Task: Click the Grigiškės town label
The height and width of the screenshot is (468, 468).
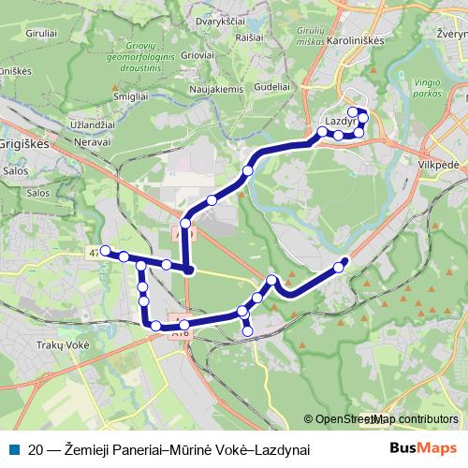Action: tap(29, 146)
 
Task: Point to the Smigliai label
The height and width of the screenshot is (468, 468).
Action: tap(129, 95)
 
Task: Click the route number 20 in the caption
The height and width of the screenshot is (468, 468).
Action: tap(35, 449)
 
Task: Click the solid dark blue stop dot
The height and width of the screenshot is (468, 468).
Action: tap(189, 271)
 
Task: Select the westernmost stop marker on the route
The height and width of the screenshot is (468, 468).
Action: tap(105, 250)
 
